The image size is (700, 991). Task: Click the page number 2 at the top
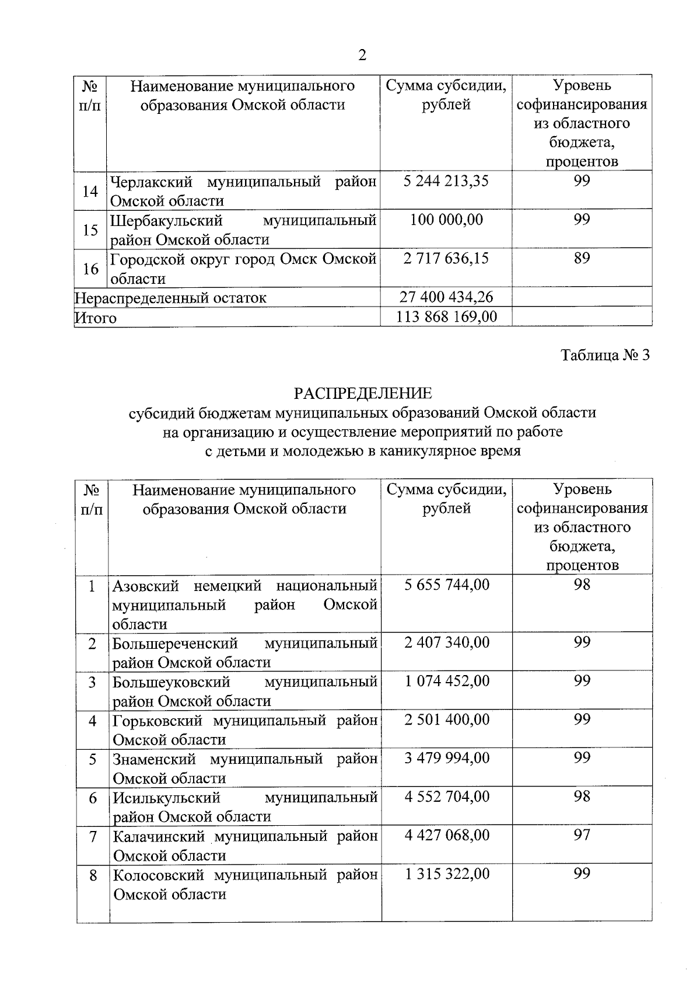pyautogui.click(x=362, y=55)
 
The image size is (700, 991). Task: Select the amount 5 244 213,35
pyautogui.click(x=446, y=181)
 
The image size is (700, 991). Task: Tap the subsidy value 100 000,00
pyautogui.click(x=446, y=220)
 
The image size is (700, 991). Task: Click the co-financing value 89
pyautogui.click(x=582, y=258)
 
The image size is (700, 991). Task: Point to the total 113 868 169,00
pyautogui.click(x=446, y=317)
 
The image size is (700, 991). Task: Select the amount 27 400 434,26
pyautogui.click(x=446, y=297)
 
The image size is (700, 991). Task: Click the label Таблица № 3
pyautogui.click(x=605, y=355)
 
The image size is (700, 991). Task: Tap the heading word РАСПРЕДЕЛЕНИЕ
pyautogui.click(x=363, y=393)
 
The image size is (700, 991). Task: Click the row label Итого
pyautogui.click(x=96, y=318)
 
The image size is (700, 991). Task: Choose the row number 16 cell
pyautogui.click(x=90, y=269)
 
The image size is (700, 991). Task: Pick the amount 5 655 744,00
pyautogui.click(x=447, y=585)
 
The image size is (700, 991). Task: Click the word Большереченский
pyautogui.click(x=175, y=644)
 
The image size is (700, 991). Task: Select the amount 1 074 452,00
pyautogui.click(x=447, y=681)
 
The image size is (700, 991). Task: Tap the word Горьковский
pyautogui.click(x=159, y=721)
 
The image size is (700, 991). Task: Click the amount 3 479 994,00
pyautogui.click(x=447, y=758)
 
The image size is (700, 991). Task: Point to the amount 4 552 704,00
pyautogui.click(x=447, y=797)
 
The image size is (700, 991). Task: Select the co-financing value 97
pyautogui.click(x=582, y=835)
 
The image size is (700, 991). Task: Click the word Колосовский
pyautogui.click(x=159, y=875)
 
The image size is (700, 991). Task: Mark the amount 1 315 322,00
pyautogui.click(x=447, y=874)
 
